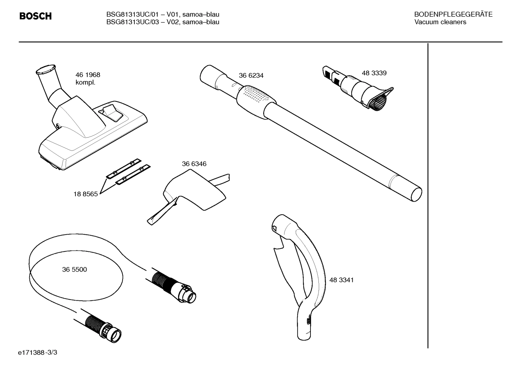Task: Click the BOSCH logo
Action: pos(35,16)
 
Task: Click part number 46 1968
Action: pos(88,75)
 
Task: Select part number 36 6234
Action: pos(251,76)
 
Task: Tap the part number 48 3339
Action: pos(374,73)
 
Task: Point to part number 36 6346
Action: pos(194,164)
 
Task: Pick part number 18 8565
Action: pos(85,194)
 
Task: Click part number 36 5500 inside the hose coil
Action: pos(74,269)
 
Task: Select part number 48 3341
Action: pos(341,280)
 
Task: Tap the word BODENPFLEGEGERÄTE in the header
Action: pos(453,15)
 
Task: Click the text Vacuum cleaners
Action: pos(440,22)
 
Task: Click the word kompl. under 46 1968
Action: pos(85,82)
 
